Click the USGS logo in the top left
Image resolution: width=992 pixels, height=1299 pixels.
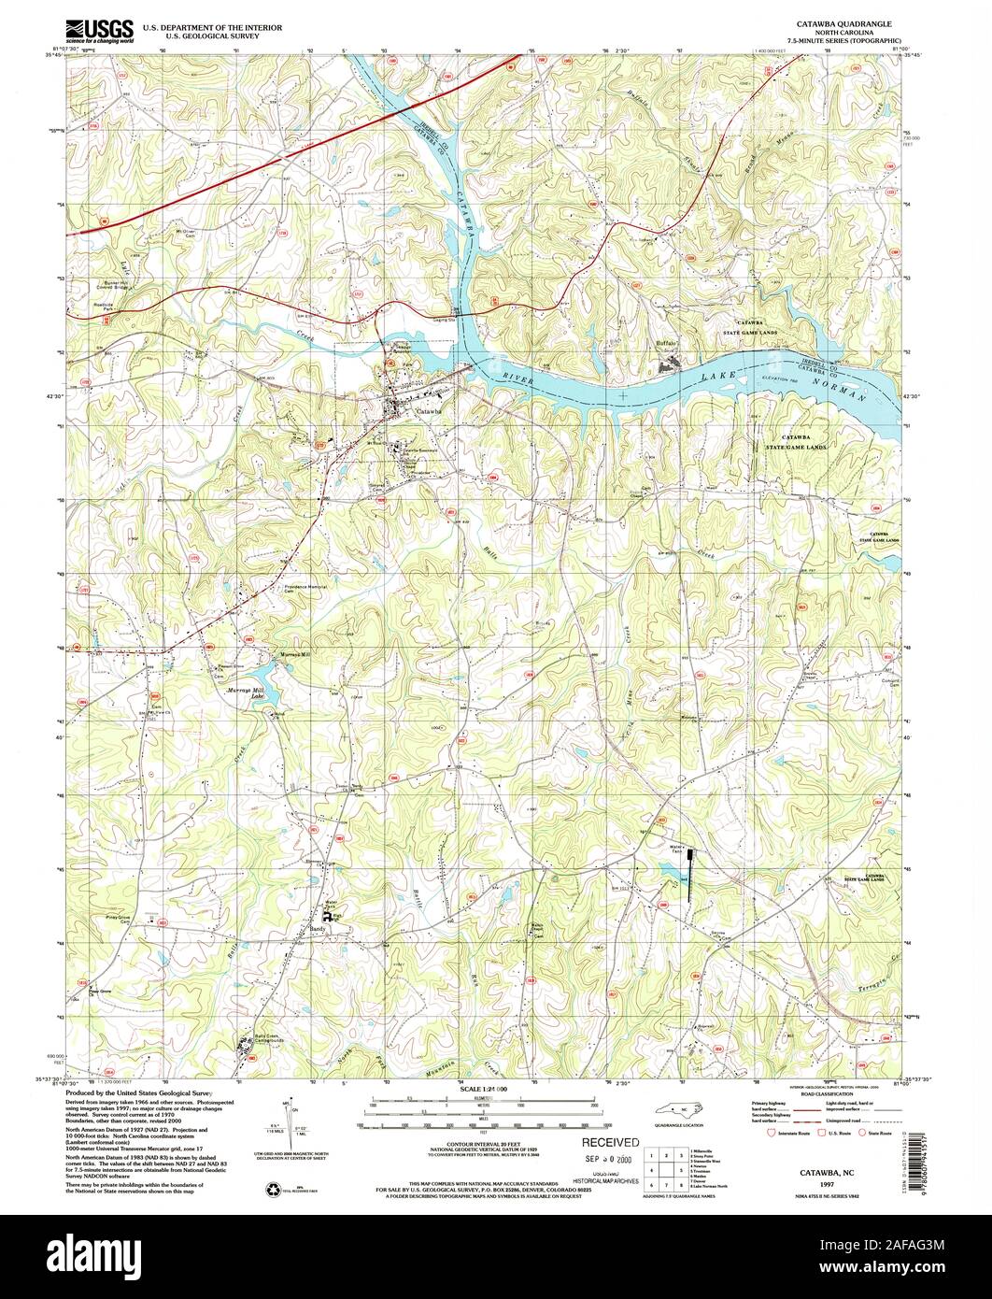click(x=99, y=31)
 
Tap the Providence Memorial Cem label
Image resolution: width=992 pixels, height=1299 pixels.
click(x=303, y=590)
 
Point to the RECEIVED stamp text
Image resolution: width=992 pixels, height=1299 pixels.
click(x=610, y=1142)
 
